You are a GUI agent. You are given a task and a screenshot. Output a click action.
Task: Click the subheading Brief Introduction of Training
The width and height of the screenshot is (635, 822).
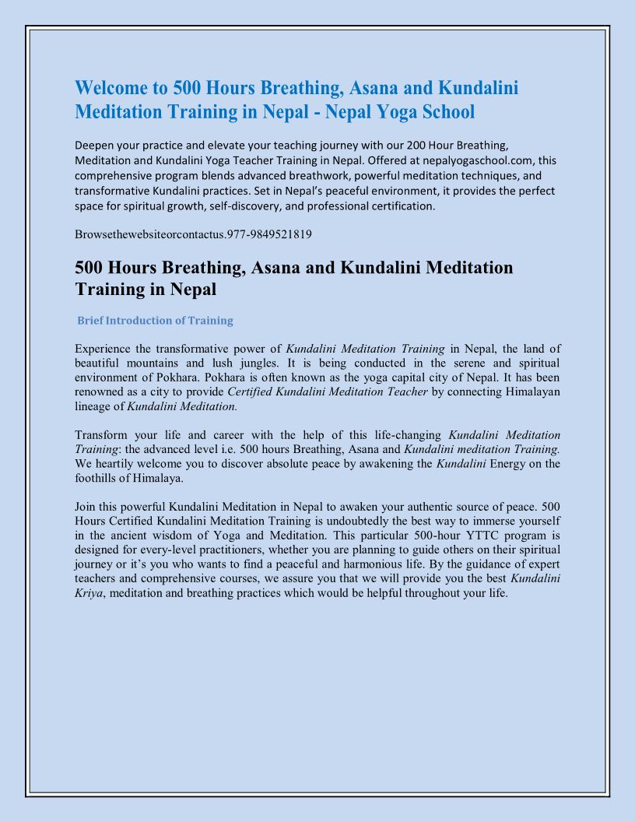pyautogui.click(x=155, y=321)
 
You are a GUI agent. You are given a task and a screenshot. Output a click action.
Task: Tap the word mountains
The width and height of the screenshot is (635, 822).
pyautogui.click(x=154, y=363)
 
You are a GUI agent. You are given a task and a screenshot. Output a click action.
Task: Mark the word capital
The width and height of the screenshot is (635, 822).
pyautogui.click(x=379, y=377)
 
